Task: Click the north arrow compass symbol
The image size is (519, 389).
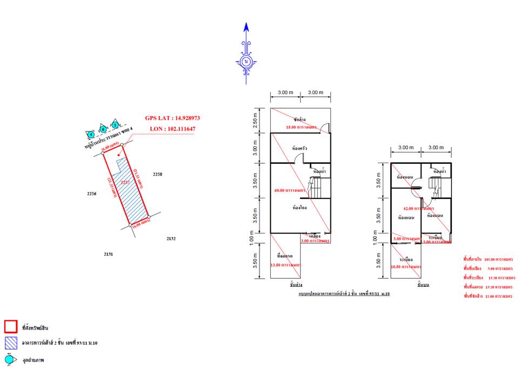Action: [246, 61]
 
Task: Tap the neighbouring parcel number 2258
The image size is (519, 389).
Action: [157, 175]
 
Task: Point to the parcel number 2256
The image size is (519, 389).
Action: [91, 193]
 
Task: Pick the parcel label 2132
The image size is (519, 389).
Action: [171, 238]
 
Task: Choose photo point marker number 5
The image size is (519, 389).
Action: [115, 125]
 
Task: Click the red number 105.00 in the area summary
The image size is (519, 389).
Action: [490, 259]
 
